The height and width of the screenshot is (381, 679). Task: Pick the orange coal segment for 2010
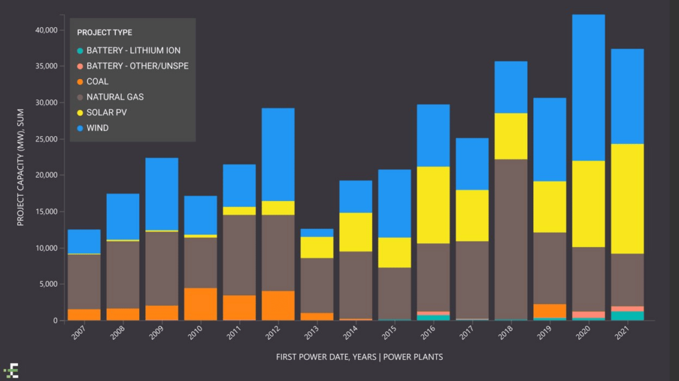pos(200,304)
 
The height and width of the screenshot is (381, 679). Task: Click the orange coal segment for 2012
pos(278,305)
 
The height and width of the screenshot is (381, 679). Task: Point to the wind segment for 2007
pos(84,241)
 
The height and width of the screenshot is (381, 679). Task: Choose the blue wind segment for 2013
pos(317,233)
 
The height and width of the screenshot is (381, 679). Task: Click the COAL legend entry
pos(97,82)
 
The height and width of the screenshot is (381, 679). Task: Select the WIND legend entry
pos(97,128)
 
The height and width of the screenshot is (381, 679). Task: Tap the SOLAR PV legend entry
pos(106,113)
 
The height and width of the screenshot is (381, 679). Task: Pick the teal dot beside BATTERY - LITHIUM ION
pos(80,51)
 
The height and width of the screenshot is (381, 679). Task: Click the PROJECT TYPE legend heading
pos(104,33)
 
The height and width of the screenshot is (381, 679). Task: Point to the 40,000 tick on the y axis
pos(46,30)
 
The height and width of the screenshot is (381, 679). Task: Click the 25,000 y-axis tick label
pos(46,139)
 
